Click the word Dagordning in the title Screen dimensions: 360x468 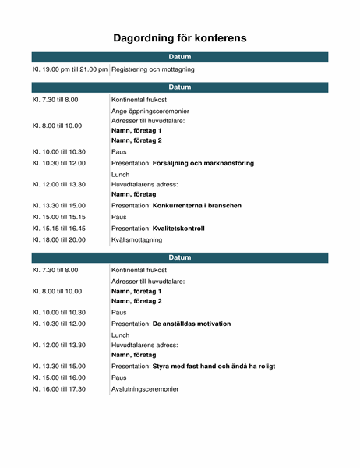point(146,37)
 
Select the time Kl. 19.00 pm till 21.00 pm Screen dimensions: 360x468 point(69,69)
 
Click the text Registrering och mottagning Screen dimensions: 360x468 point(153,69)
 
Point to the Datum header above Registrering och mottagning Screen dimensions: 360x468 point(180,57)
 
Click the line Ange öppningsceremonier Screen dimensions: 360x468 point(150,111)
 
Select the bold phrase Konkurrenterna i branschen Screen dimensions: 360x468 point(197,205)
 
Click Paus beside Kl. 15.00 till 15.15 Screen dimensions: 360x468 point(119,217)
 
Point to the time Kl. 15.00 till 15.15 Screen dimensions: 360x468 point(59,217)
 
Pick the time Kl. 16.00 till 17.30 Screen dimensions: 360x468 point(59,388)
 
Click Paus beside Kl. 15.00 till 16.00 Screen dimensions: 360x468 point(119,378)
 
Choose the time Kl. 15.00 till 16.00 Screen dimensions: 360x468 point(59,378)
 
